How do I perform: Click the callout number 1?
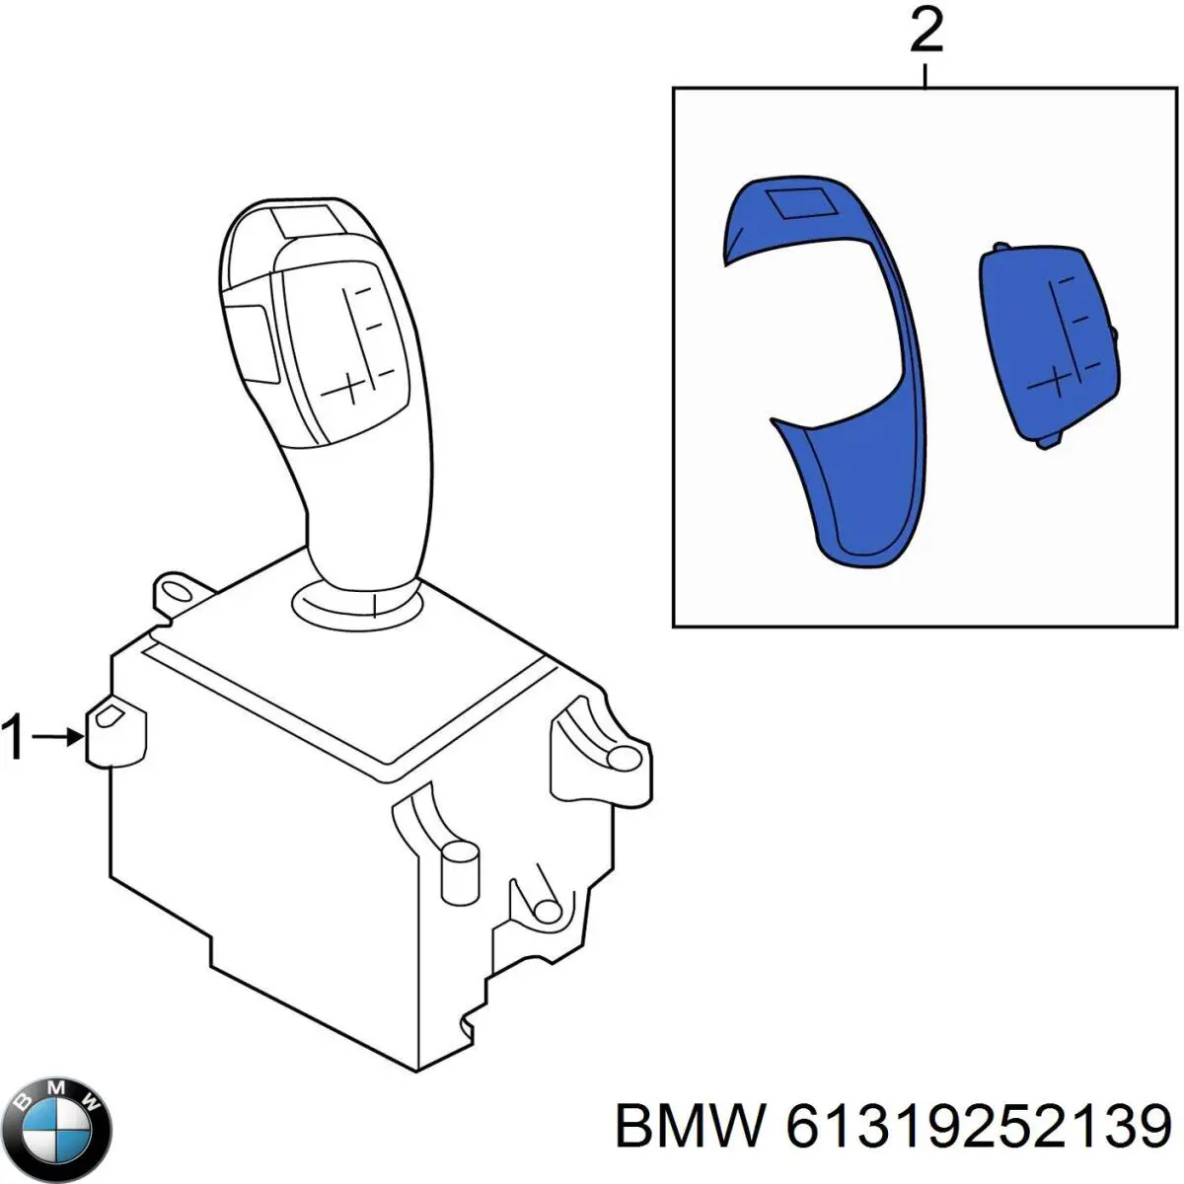tap(14, 737)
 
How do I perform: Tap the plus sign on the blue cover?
tap(1055, 379)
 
